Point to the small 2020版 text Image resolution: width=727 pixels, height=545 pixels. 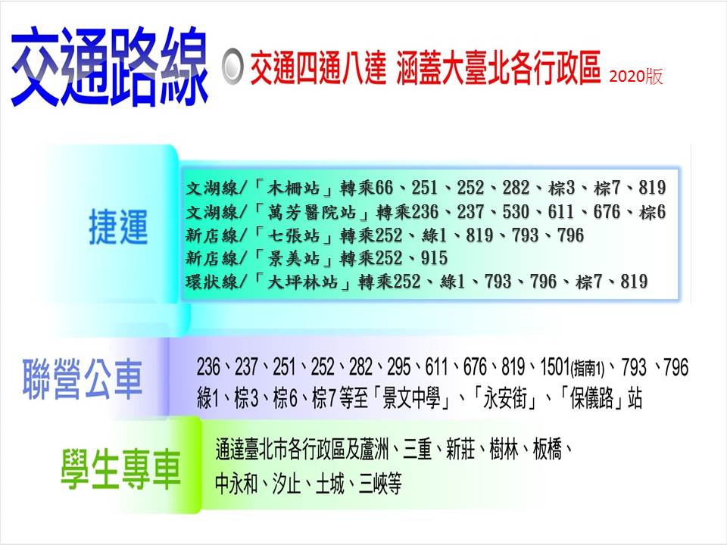click(x=635, y=76)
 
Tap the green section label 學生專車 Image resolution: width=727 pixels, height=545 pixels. click(x=121, y=469)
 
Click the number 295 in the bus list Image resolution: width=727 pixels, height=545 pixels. click(x=400, y=369)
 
